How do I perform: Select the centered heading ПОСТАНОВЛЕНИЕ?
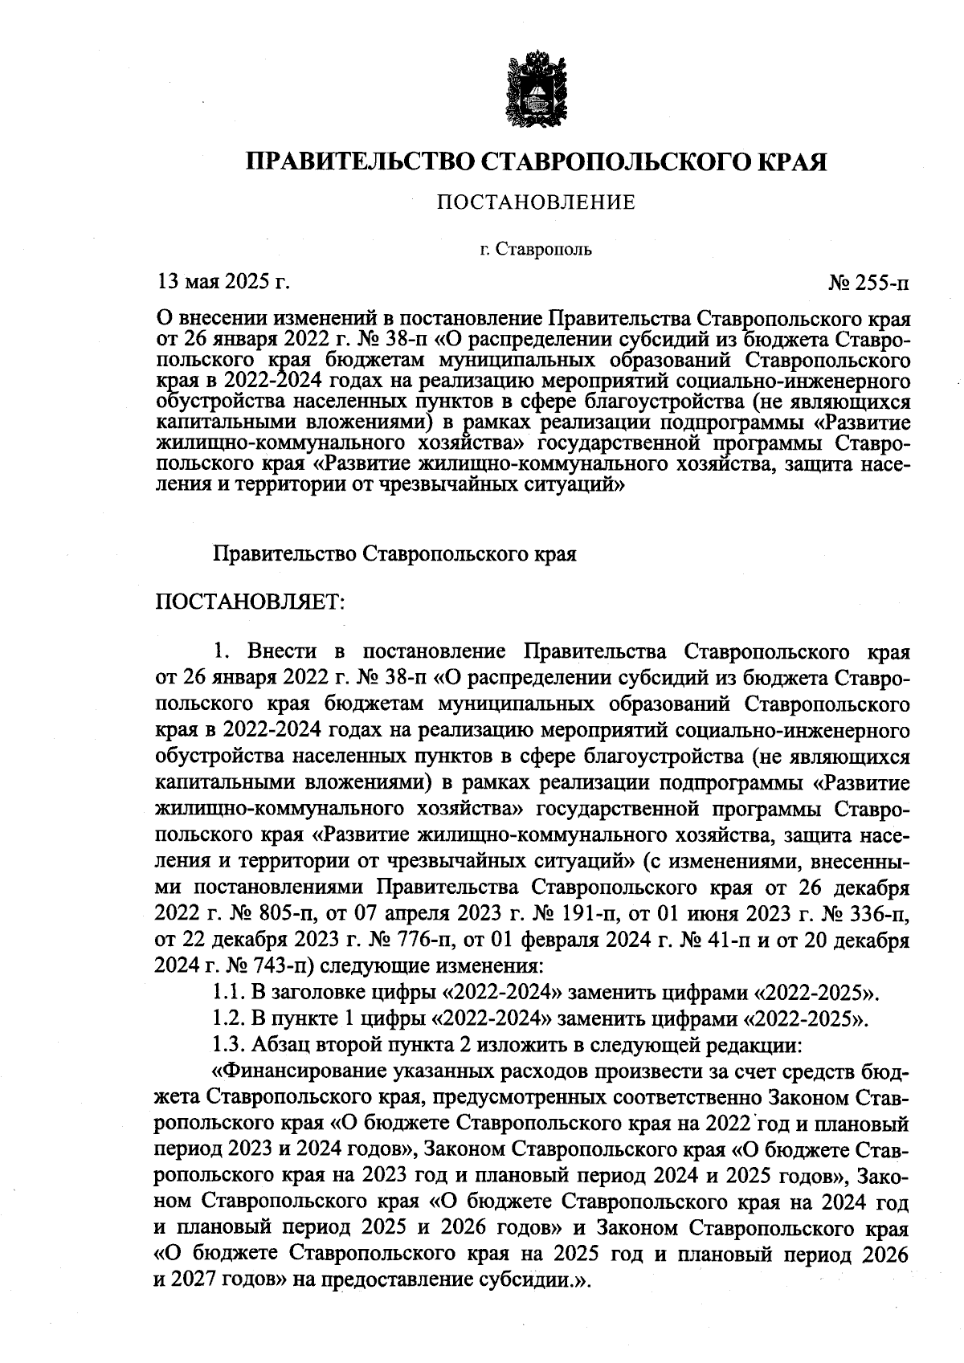pyautogui.click(x=536, y=202)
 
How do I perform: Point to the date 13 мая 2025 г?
pyautogui.click(x=222, y=282)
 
